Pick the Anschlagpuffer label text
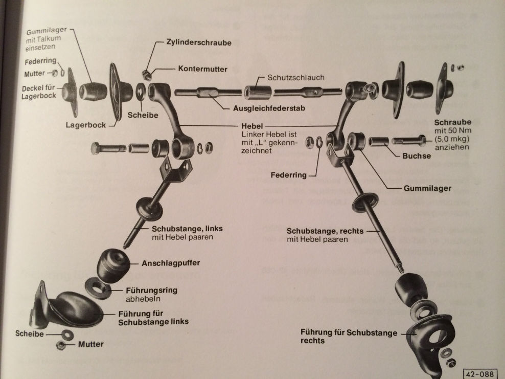(x=171, y=263)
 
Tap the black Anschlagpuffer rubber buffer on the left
(x=112, y=265)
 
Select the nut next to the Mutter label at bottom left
(x=60, y=347)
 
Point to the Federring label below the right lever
(x=290, y=175)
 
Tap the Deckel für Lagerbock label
(x=38, y=92)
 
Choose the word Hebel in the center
(x=252, y=125)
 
